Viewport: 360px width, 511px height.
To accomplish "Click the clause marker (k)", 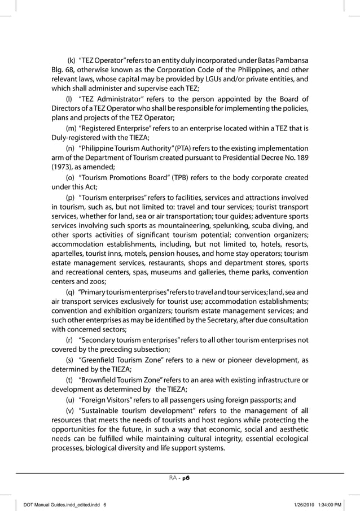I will tap(72, 60).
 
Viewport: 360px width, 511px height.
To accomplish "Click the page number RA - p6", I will tap(180, 477).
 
